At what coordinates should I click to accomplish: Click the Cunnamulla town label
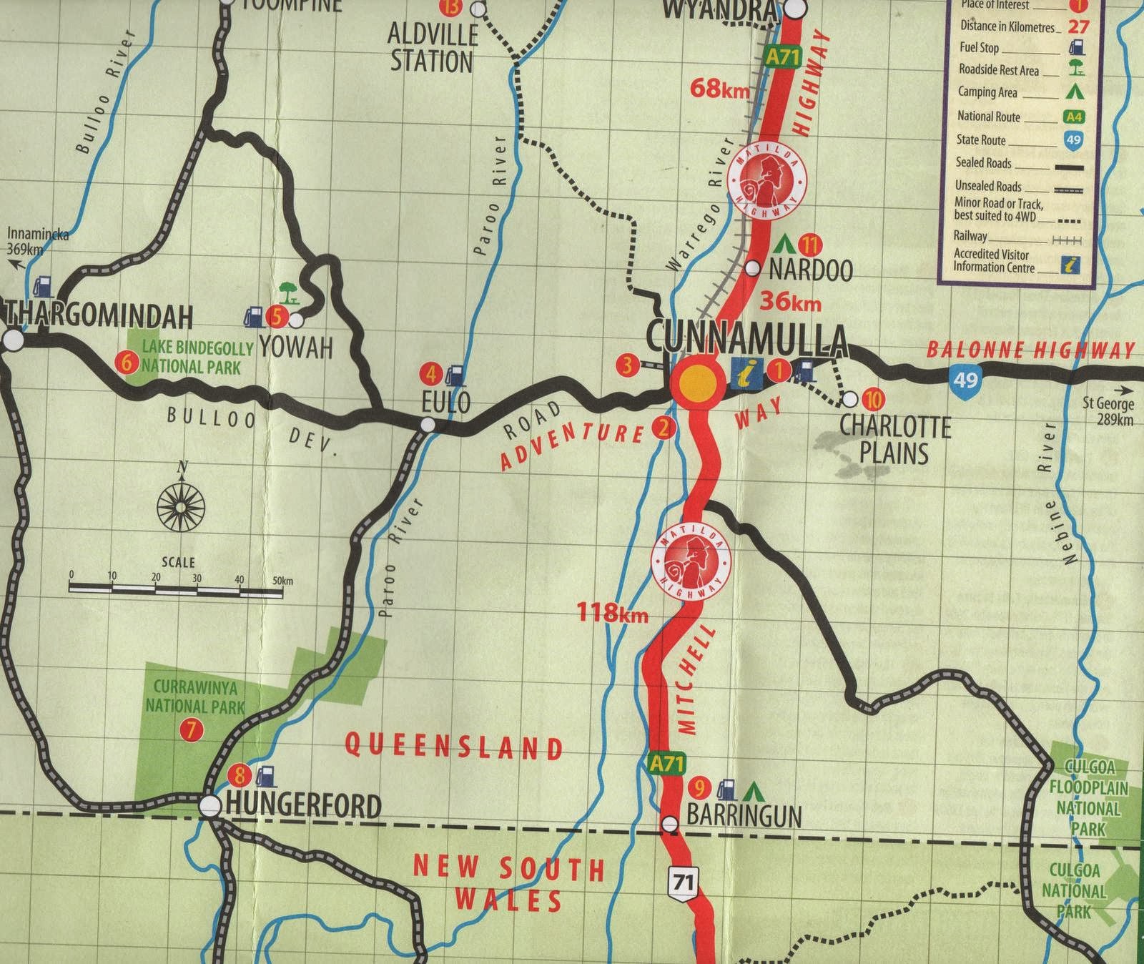click(746, 338)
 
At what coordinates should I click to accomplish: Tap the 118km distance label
click(614, 612)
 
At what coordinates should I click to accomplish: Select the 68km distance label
click(720, 89)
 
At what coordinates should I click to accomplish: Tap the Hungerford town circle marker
click(210, 806)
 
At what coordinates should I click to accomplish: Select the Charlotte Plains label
click(894, 439)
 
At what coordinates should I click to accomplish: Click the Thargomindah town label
click(100, 315)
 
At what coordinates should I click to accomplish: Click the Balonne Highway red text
click(1030, 350)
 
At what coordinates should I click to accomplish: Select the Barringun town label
click(744, 815)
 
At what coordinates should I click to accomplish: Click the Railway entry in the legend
click(970, 235)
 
